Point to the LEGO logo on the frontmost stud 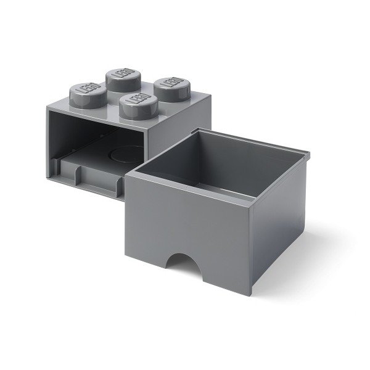click(135, 101)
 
